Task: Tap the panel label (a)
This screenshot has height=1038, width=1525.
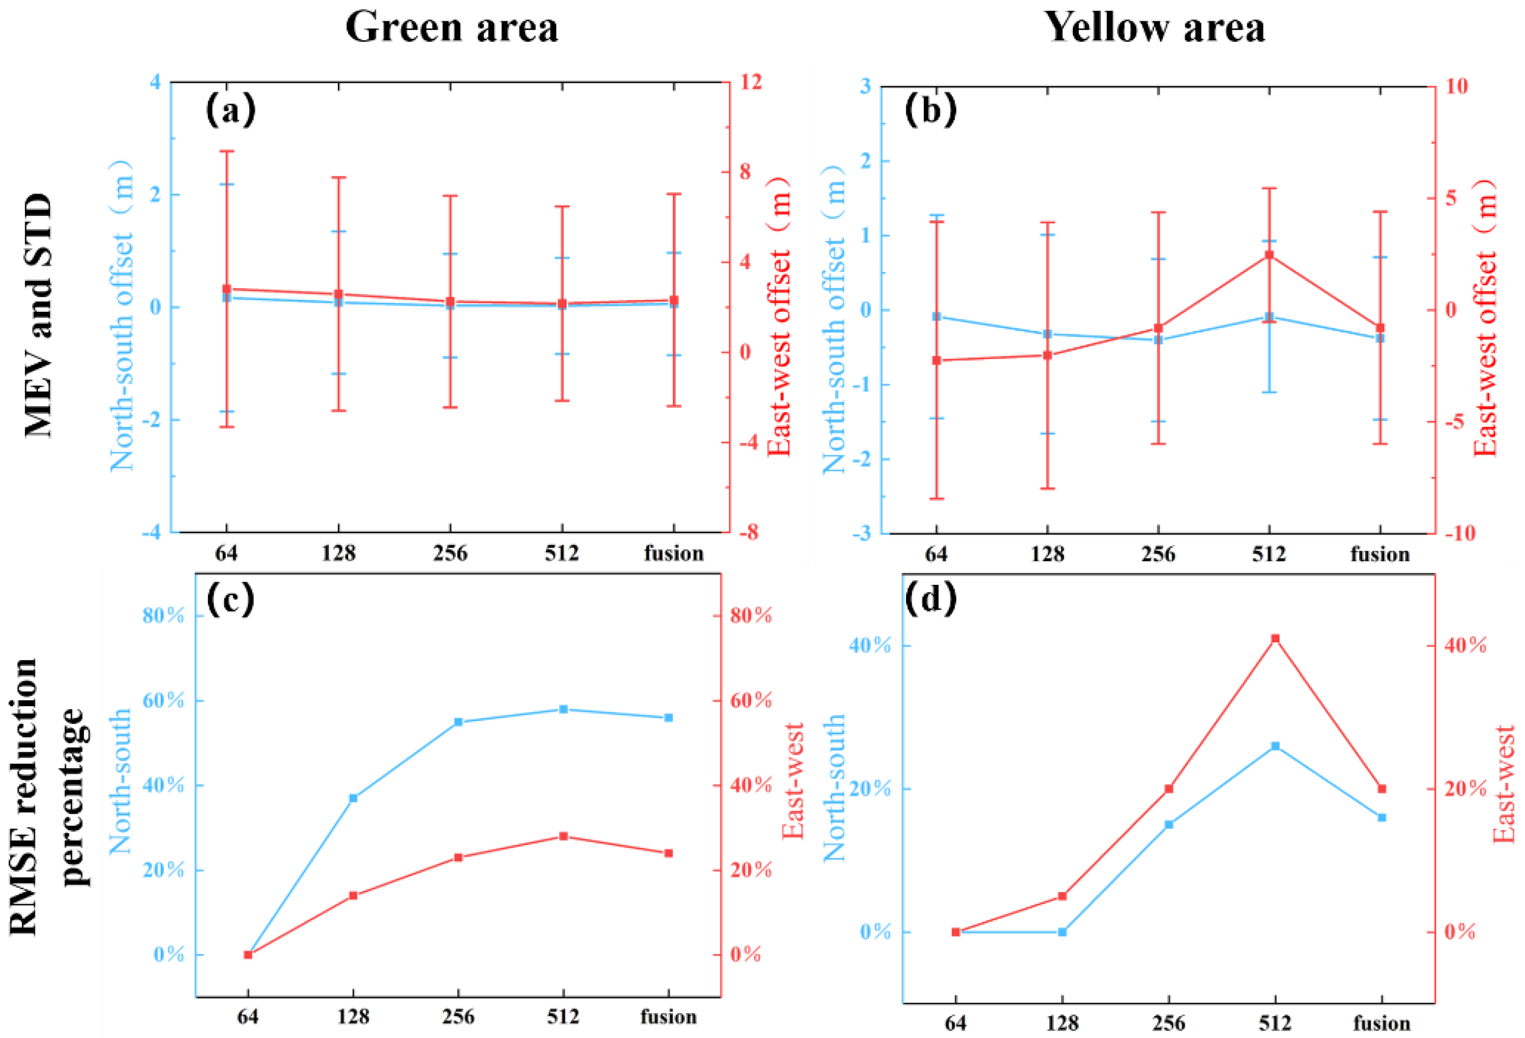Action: (230, 110)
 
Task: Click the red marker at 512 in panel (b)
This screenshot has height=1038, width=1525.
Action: (1269, 254)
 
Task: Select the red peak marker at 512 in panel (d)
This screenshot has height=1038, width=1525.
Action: (1275, 638)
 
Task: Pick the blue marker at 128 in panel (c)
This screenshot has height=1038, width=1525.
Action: (353, 798)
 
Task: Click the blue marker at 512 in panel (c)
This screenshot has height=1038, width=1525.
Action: (563, 709)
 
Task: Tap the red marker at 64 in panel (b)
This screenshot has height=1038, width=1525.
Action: (936, 360)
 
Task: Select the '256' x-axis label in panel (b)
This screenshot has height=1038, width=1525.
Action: (1158, 554)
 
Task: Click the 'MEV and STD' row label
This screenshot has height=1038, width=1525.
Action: (38, 315)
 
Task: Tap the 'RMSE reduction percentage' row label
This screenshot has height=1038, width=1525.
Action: (49, 797)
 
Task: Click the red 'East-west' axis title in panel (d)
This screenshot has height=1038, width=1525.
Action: (1503, 784)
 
